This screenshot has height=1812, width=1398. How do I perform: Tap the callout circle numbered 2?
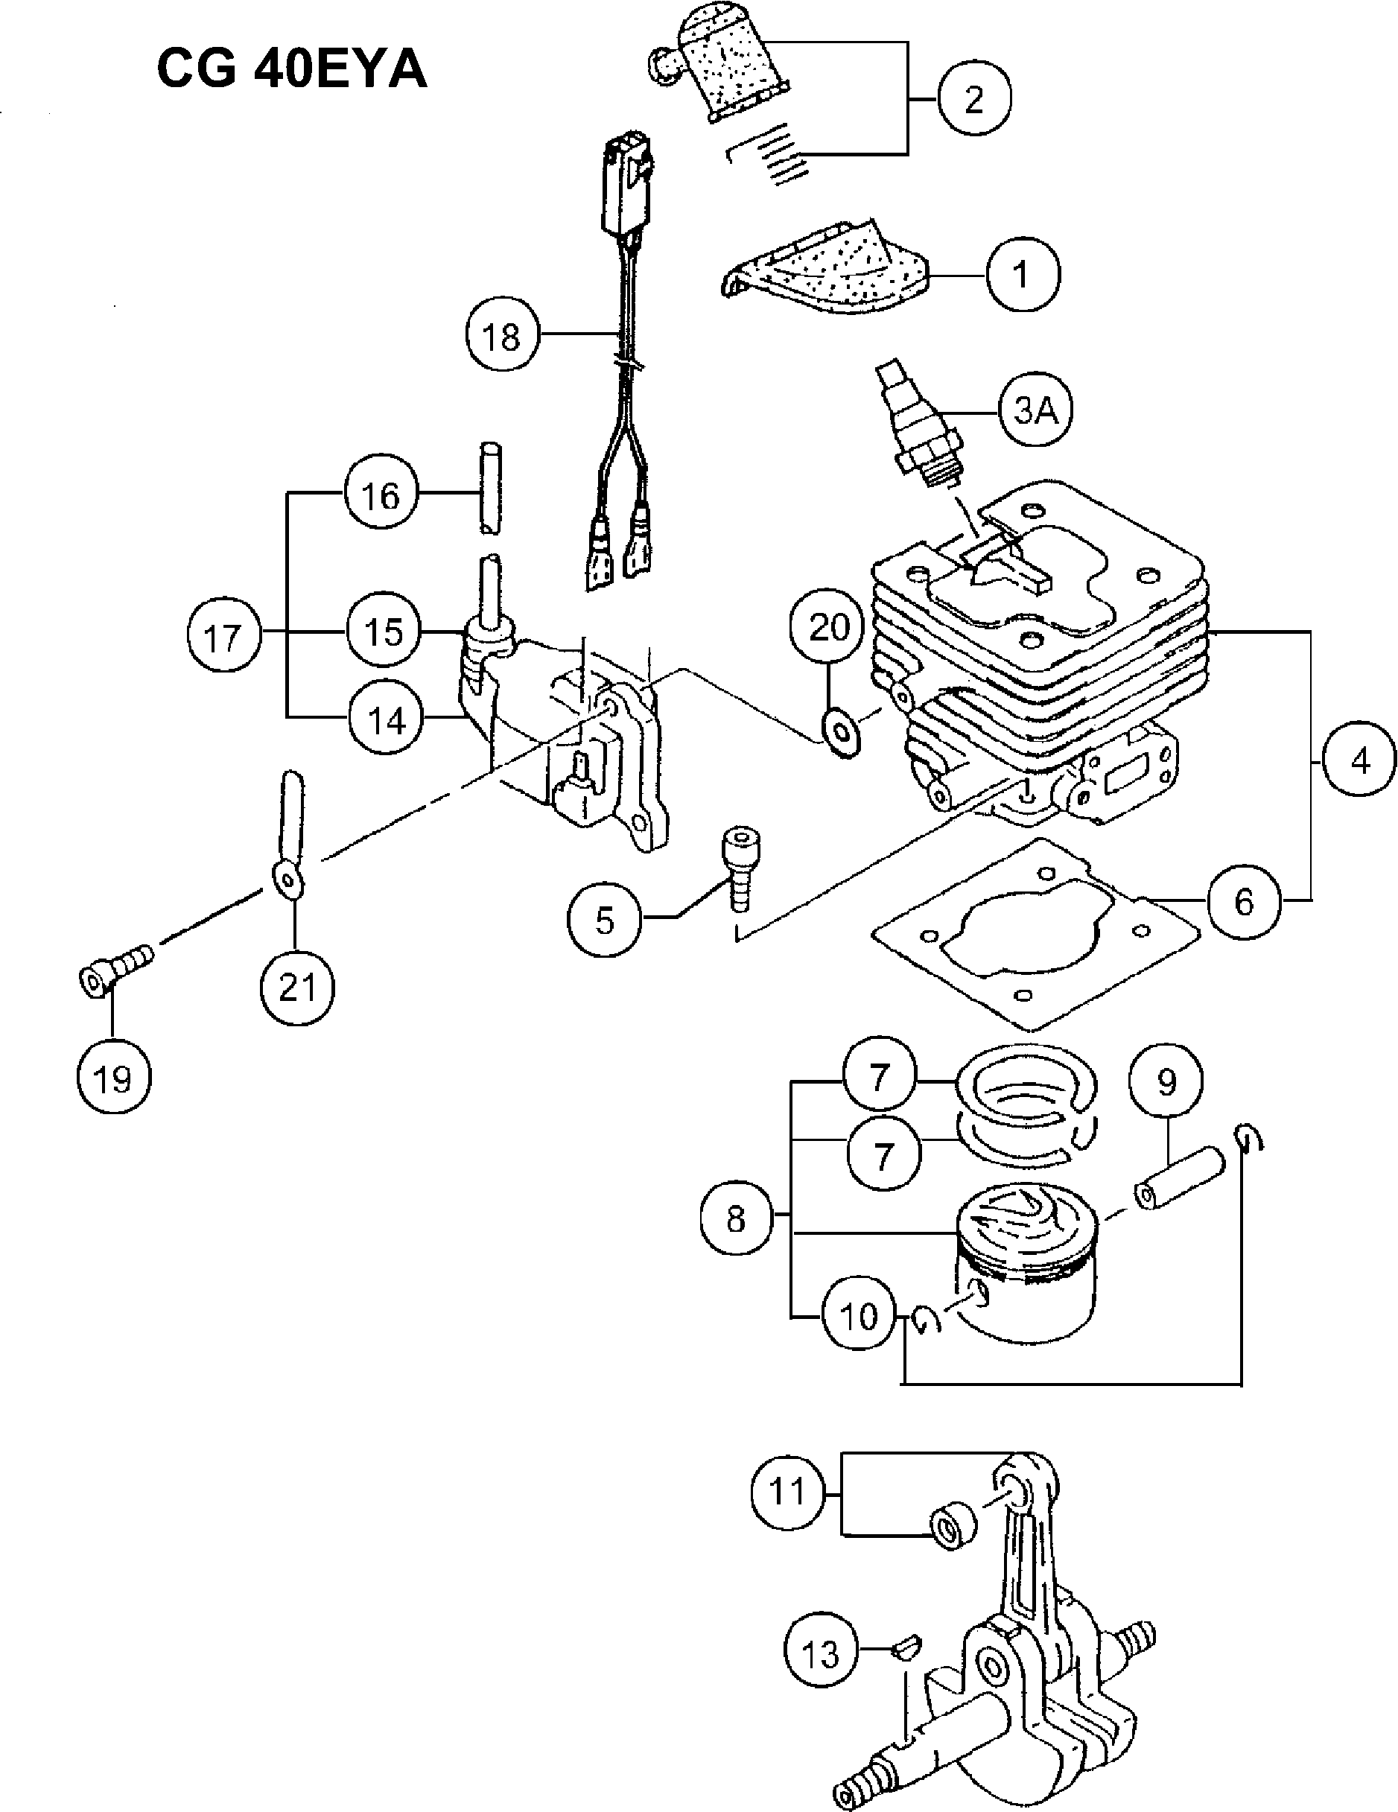974,99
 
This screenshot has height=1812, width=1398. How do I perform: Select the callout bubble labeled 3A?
1035,410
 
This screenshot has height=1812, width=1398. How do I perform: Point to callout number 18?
501,336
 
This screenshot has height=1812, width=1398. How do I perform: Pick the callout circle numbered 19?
114,1078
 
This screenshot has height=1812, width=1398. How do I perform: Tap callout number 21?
297,988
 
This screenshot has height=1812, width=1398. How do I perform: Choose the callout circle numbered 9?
1166,1081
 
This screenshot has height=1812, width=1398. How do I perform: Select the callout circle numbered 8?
736,1218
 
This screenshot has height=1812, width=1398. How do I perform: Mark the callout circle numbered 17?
223,638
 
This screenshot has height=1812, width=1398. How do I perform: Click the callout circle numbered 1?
1022,275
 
